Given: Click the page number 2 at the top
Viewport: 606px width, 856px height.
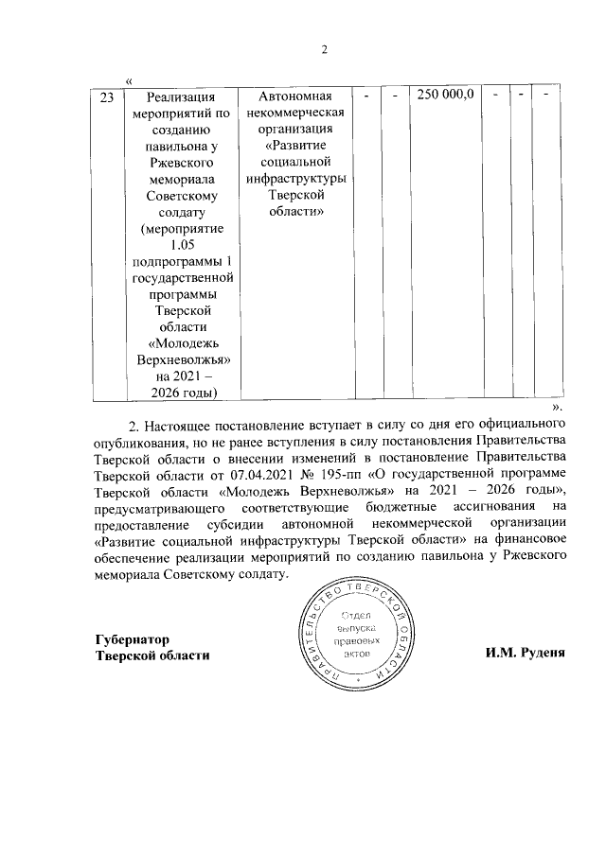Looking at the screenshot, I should coord(323,50).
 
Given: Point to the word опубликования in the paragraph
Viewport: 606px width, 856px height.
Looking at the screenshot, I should coord(138,440).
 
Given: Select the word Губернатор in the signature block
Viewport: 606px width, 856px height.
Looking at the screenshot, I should coord(133,639).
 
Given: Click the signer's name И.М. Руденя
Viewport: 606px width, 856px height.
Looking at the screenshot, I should coord(526,656).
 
